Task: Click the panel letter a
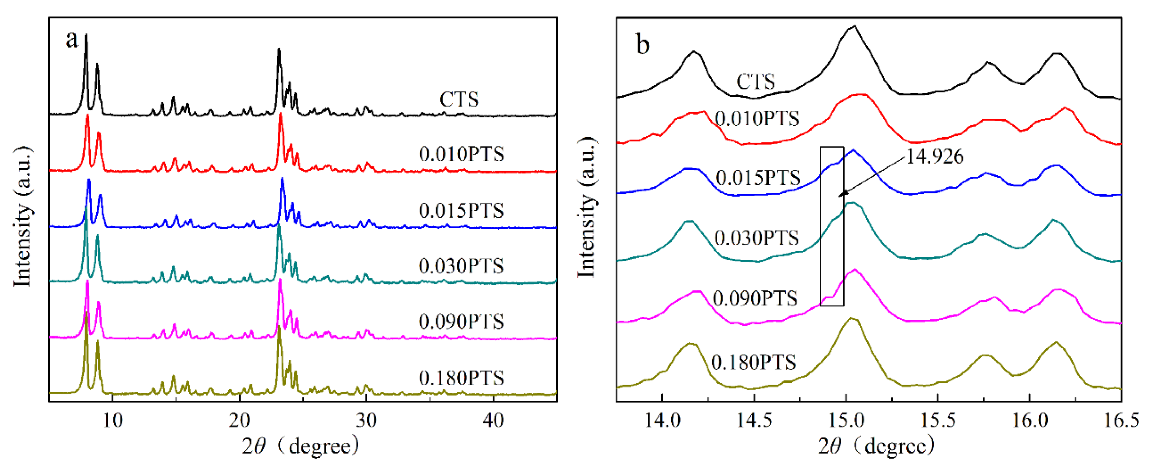(x=72, y=39)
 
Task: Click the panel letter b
(x=643, y=45)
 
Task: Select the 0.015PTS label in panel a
(x=461, y=211)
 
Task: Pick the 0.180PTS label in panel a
(x=461, y=378)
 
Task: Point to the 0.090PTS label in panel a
(x=461, y=322)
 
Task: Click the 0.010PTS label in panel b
(x=757, y=119)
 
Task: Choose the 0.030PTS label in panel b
(x=757, y=238)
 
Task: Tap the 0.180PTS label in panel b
(x=754, y=362)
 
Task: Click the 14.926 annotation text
(x=934, y=156)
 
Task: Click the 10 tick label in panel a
(x=112, y=421)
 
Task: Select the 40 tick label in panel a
(x=493, y=421)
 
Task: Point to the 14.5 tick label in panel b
(x=754, y=421)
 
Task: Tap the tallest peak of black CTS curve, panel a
(x=86, y=35)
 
